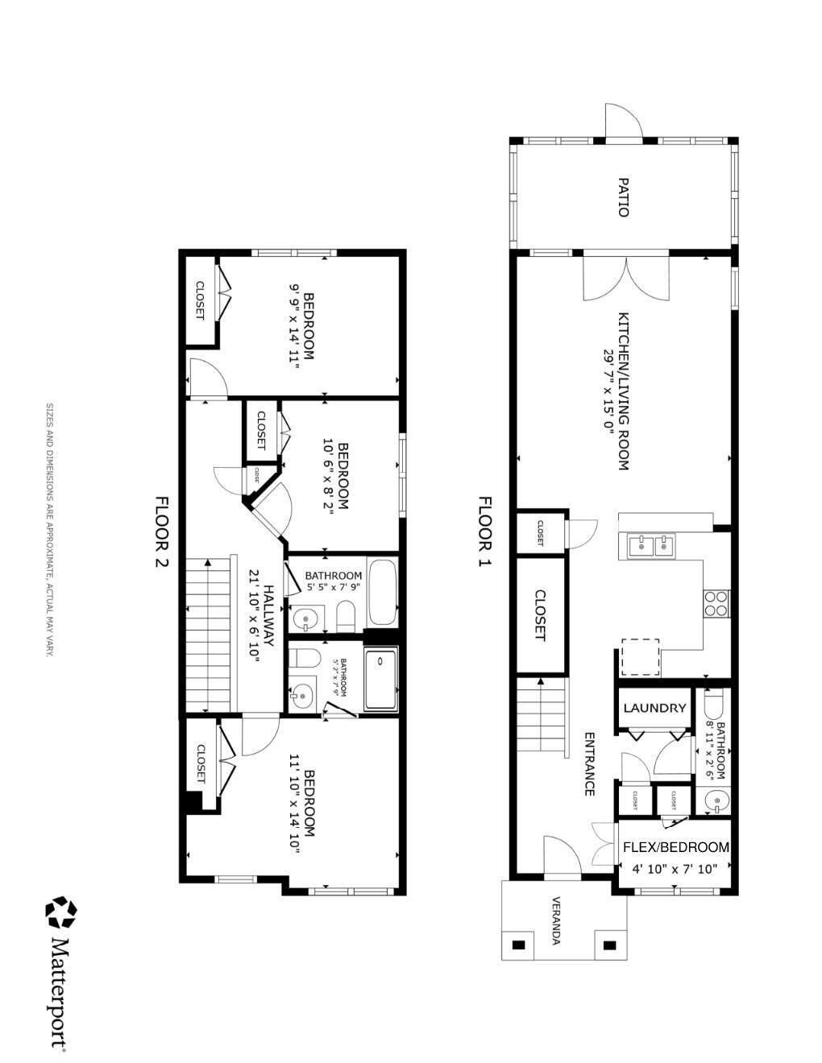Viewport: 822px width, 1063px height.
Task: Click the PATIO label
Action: click(x=623, y=197)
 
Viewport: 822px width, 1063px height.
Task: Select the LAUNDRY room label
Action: click(x=654, y=709)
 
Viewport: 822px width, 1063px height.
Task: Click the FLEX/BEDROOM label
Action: click(x=676, y=847)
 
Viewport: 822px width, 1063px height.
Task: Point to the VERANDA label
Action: click(x=556, y=920)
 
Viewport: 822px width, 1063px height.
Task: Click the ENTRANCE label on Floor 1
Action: click(x=589, y=763)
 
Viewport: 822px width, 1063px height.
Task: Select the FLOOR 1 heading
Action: click(x=484, y=531)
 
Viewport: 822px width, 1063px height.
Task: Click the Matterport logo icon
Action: click(x=61, y=913)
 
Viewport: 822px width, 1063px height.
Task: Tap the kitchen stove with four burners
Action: click(x=716, y=603)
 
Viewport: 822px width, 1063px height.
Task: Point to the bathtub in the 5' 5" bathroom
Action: click(x=382, y=594)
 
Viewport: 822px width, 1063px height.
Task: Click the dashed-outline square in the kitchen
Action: click(x=641, y=658)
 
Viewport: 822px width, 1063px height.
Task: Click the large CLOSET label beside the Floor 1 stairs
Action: click(x=540, y=616)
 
